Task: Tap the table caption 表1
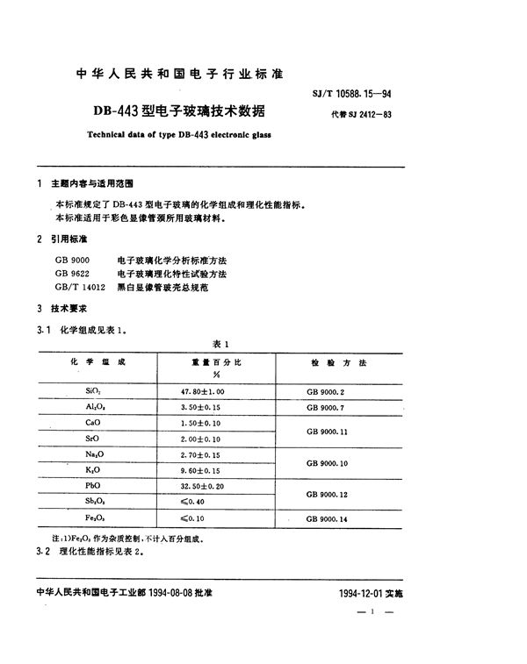(220, 344)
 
